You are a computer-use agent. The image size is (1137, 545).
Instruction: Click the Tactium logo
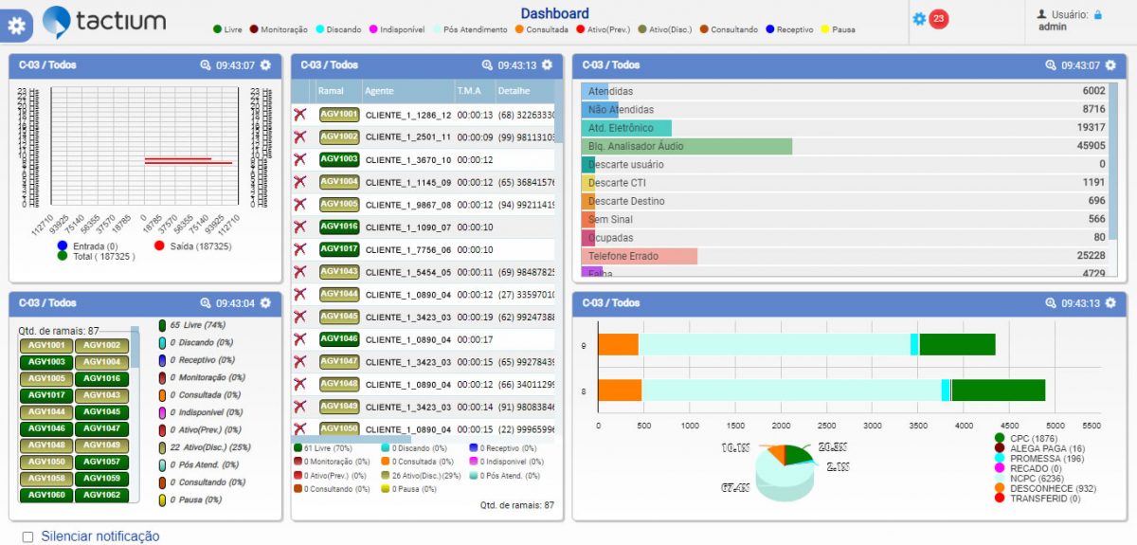pyautogui.click(x=104, y=21)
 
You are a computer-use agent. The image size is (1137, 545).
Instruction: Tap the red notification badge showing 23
pyautogui.click(x=938, y=19)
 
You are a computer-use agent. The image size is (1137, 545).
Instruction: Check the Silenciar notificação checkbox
pyautogui.click(x=27, y=537)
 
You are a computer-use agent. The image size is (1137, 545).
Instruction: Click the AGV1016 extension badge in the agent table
pyautogui.click(x=338, y=227)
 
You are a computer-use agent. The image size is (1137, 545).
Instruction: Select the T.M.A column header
pyautogui.click(x=469, y=91)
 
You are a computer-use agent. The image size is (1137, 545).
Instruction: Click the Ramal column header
pyautogui.click(x=331, y=91)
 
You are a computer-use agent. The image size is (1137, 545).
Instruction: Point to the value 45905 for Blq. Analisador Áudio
pyautogui.click(x=1091, y=146)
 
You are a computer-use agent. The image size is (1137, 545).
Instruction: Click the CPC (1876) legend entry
pyautogui.click(x=1034, y=438)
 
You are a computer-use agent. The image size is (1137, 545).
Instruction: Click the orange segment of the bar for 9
pyautogui.click(x=618, y=345)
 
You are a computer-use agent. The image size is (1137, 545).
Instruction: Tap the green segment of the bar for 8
pyautogui.click(x=998, y=391)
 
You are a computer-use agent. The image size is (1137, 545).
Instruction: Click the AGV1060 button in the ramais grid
pyautogui.click(x=46, y=495)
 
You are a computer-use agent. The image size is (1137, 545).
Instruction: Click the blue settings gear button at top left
pyautogui.click(x=16, y=26)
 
